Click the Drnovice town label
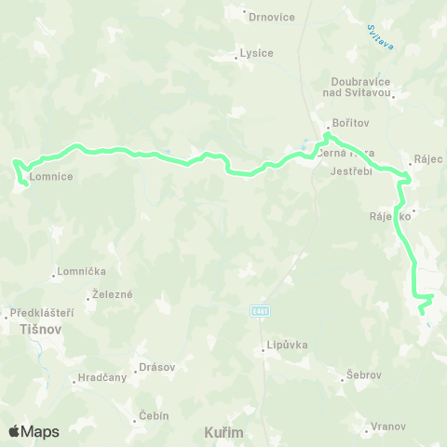coord(272,17)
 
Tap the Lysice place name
coord(256,53)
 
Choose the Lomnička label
coord(81,271)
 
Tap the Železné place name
coord(112,294)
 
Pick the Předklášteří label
coord(41,313)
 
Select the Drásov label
coord(156,367)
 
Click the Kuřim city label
coord(223,433)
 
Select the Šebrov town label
coord(363,374)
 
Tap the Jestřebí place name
coord(351,171)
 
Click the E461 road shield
coord(261,310)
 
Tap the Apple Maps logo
coord(34,431)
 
